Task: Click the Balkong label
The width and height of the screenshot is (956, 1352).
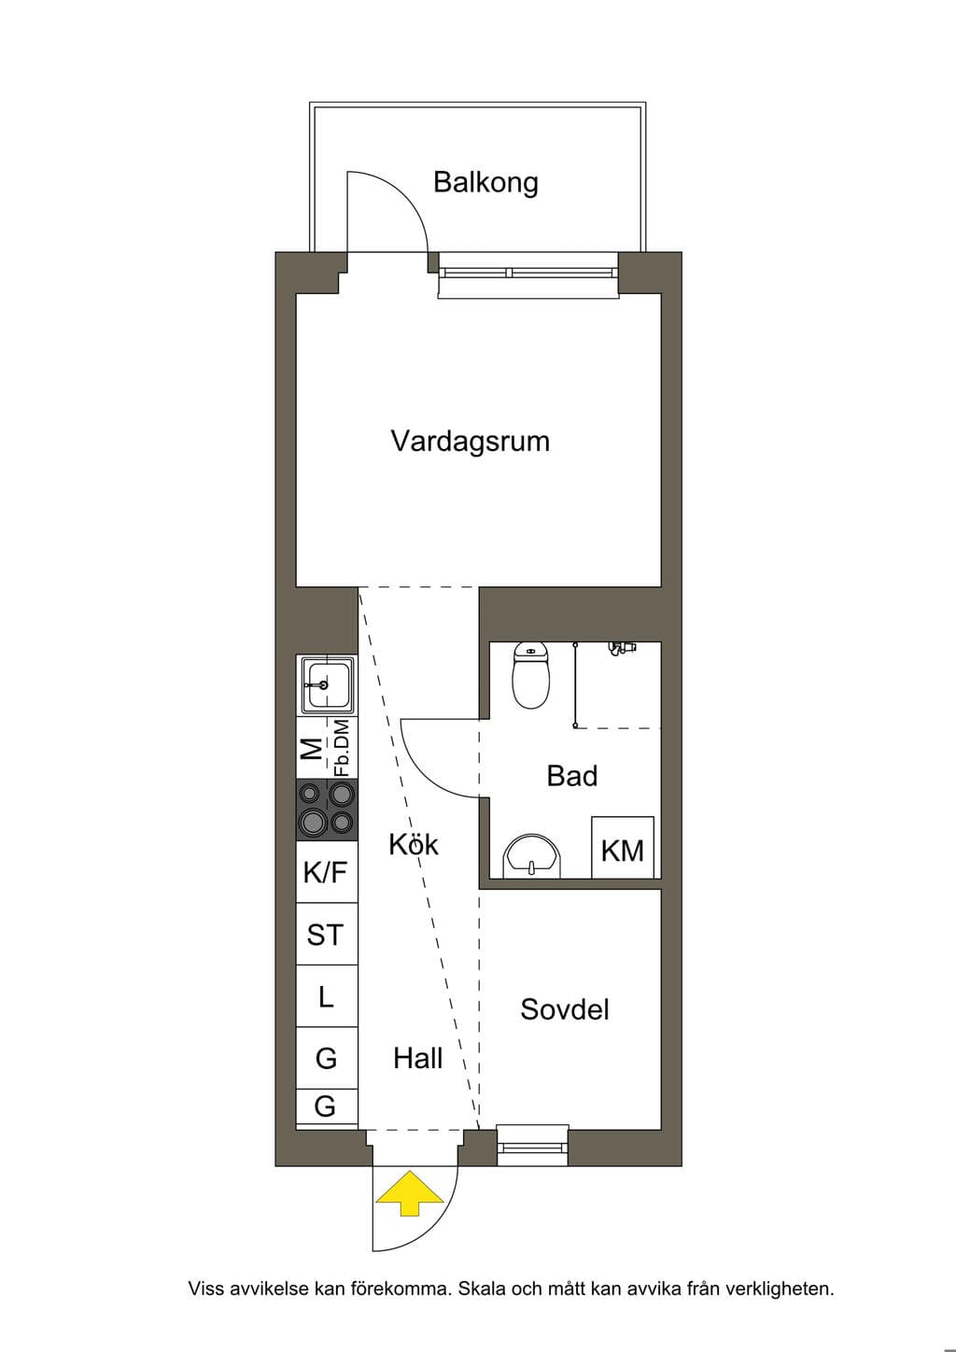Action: coord(485,182)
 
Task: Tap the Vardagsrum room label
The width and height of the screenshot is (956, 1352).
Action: coord(471,442)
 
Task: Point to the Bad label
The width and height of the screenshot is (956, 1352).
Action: coord(572,776)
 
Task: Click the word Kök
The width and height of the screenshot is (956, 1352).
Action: coord(414,844)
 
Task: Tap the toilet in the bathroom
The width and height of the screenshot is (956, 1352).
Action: coord(531,675)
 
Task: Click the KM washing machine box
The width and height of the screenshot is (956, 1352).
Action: coord(623,848)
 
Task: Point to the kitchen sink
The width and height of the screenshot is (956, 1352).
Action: coord(327,685)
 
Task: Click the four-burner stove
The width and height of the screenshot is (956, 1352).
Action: coord(327,810)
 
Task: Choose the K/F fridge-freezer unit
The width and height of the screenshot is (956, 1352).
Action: coord(327,871)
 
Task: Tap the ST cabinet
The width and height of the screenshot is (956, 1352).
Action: coord(327,934)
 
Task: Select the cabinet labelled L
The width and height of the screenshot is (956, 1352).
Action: coord(327,996)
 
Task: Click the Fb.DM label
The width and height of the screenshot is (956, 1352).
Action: coord(343,747)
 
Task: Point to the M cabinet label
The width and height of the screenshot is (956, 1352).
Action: coord(312,749)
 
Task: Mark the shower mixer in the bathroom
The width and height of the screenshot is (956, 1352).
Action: coord(623,648)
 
